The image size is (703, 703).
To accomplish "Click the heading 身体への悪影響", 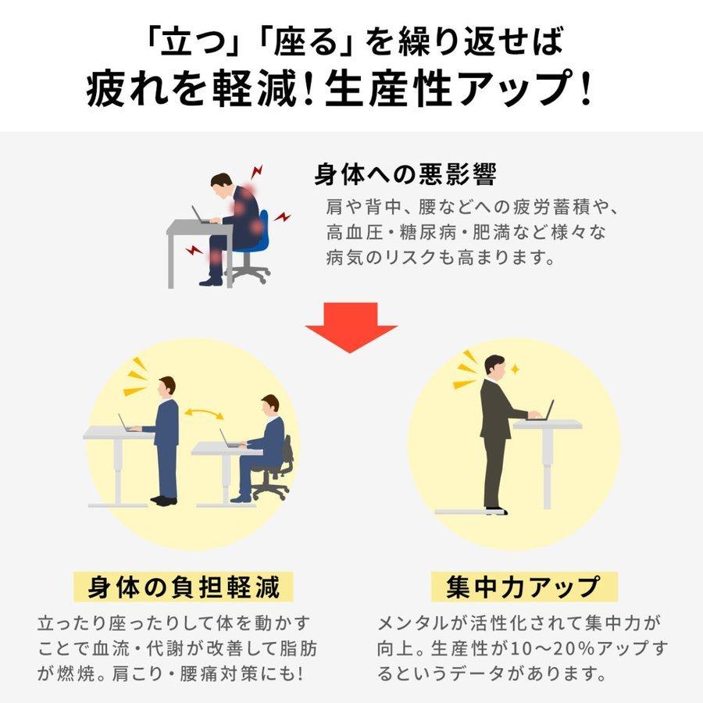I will coord(405,173).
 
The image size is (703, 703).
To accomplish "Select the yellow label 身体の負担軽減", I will coord(176,586).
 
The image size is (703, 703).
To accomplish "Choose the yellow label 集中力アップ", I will coord(524,586).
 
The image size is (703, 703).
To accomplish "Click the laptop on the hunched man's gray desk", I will coord(201,216).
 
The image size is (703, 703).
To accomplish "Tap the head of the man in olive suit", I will coord(494,366).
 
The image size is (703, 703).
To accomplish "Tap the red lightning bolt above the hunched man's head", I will coord(257,170).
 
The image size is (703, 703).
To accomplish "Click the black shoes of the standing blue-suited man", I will coord(163,499).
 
